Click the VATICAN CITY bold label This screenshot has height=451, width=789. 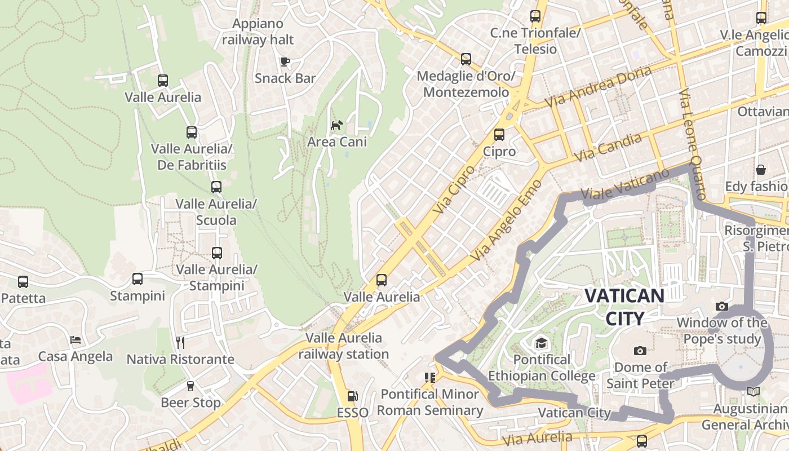click(x=624, y=307)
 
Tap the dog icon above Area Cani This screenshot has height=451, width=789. click(x=336, y=125)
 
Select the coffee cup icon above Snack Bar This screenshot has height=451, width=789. click(x=285, y=61)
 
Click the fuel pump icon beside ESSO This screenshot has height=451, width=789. click(x=352, y=397)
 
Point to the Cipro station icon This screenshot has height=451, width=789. click(x=499, y=135)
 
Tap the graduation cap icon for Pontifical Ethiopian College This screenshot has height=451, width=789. click(x=541, y=343)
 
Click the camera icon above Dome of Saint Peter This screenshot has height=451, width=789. click(x=640, y=351)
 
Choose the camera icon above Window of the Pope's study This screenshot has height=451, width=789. click(x=721, y=307)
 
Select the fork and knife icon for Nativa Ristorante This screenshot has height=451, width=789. click(x=180, y=342)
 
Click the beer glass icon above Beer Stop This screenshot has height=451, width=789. click(x=190, y=386)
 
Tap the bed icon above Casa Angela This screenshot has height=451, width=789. click(x=76, y=339)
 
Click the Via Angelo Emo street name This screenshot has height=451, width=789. click(x=507, y=220)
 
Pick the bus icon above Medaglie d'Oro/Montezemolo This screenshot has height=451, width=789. click(x=466, y=59)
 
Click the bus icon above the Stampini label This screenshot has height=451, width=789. click(x=138, y=278)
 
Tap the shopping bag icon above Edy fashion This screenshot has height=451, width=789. click(x=761, y=170)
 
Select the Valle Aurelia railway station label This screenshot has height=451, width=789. click(x=344, y=346)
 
